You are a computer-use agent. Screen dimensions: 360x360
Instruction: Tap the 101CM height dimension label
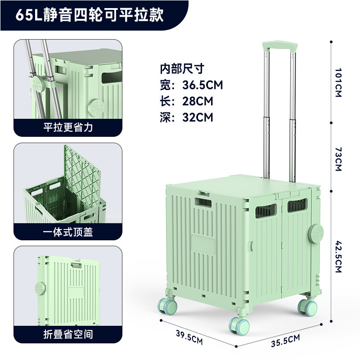338,83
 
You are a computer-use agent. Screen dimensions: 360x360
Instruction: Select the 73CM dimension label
338,158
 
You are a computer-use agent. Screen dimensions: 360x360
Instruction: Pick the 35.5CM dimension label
285,338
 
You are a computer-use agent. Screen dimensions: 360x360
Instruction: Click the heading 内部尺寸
182,68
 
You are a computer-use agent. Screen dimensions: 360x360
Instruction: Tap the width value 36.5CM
202,85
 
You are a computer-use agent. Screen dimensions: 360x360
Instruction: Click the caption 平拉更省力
68,127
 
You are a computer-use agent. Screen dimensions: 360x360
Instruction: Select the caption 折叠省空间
68,334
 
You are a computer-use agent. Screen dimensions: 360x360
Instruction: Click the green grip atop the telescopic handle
280,46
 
